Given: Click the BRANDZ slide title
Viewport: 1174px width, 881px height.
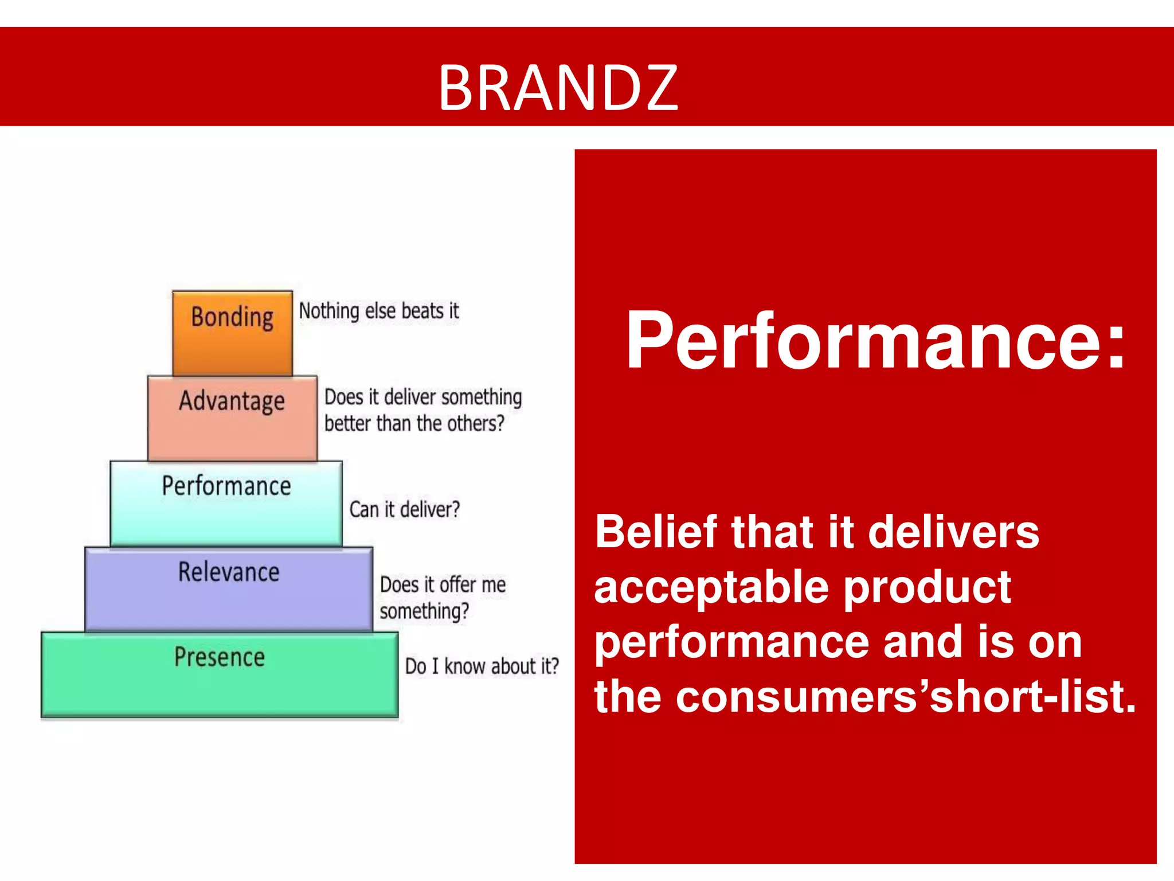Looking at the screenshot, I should [558, 88].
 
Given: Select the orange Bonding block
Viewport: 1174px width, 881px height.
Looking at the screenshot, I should [232, 334].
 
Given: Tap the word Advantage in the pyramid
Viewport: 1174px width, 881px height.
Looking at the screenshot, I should [232, 400].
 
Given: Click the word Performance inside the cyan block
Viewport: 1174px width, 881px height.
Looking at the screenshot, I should [226, 486].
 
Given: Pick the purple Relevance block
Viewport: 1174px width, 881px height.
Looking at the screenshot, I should [229, 590].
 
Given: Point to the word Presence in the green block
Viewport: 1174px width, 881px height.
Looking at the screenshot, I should [220, 657].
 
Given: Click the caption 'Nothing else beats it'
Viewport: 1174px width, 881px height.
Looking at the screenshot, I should [379, 311].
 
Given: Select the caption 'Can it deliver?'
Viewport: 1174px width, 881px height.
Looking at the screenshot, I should [405, 509].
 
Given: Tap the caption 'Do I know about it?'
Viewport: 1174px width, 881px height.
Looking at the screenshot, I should [482, 666].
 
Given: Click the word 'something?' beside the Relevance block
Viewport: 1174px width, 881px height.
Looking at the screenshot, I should [424, 611].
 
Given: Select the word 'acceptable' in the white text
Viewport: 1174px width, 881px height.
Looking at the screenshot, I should [711, 588].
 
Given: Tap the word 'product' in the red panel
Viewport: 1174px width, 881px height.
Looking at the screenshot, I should [927, 588].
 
